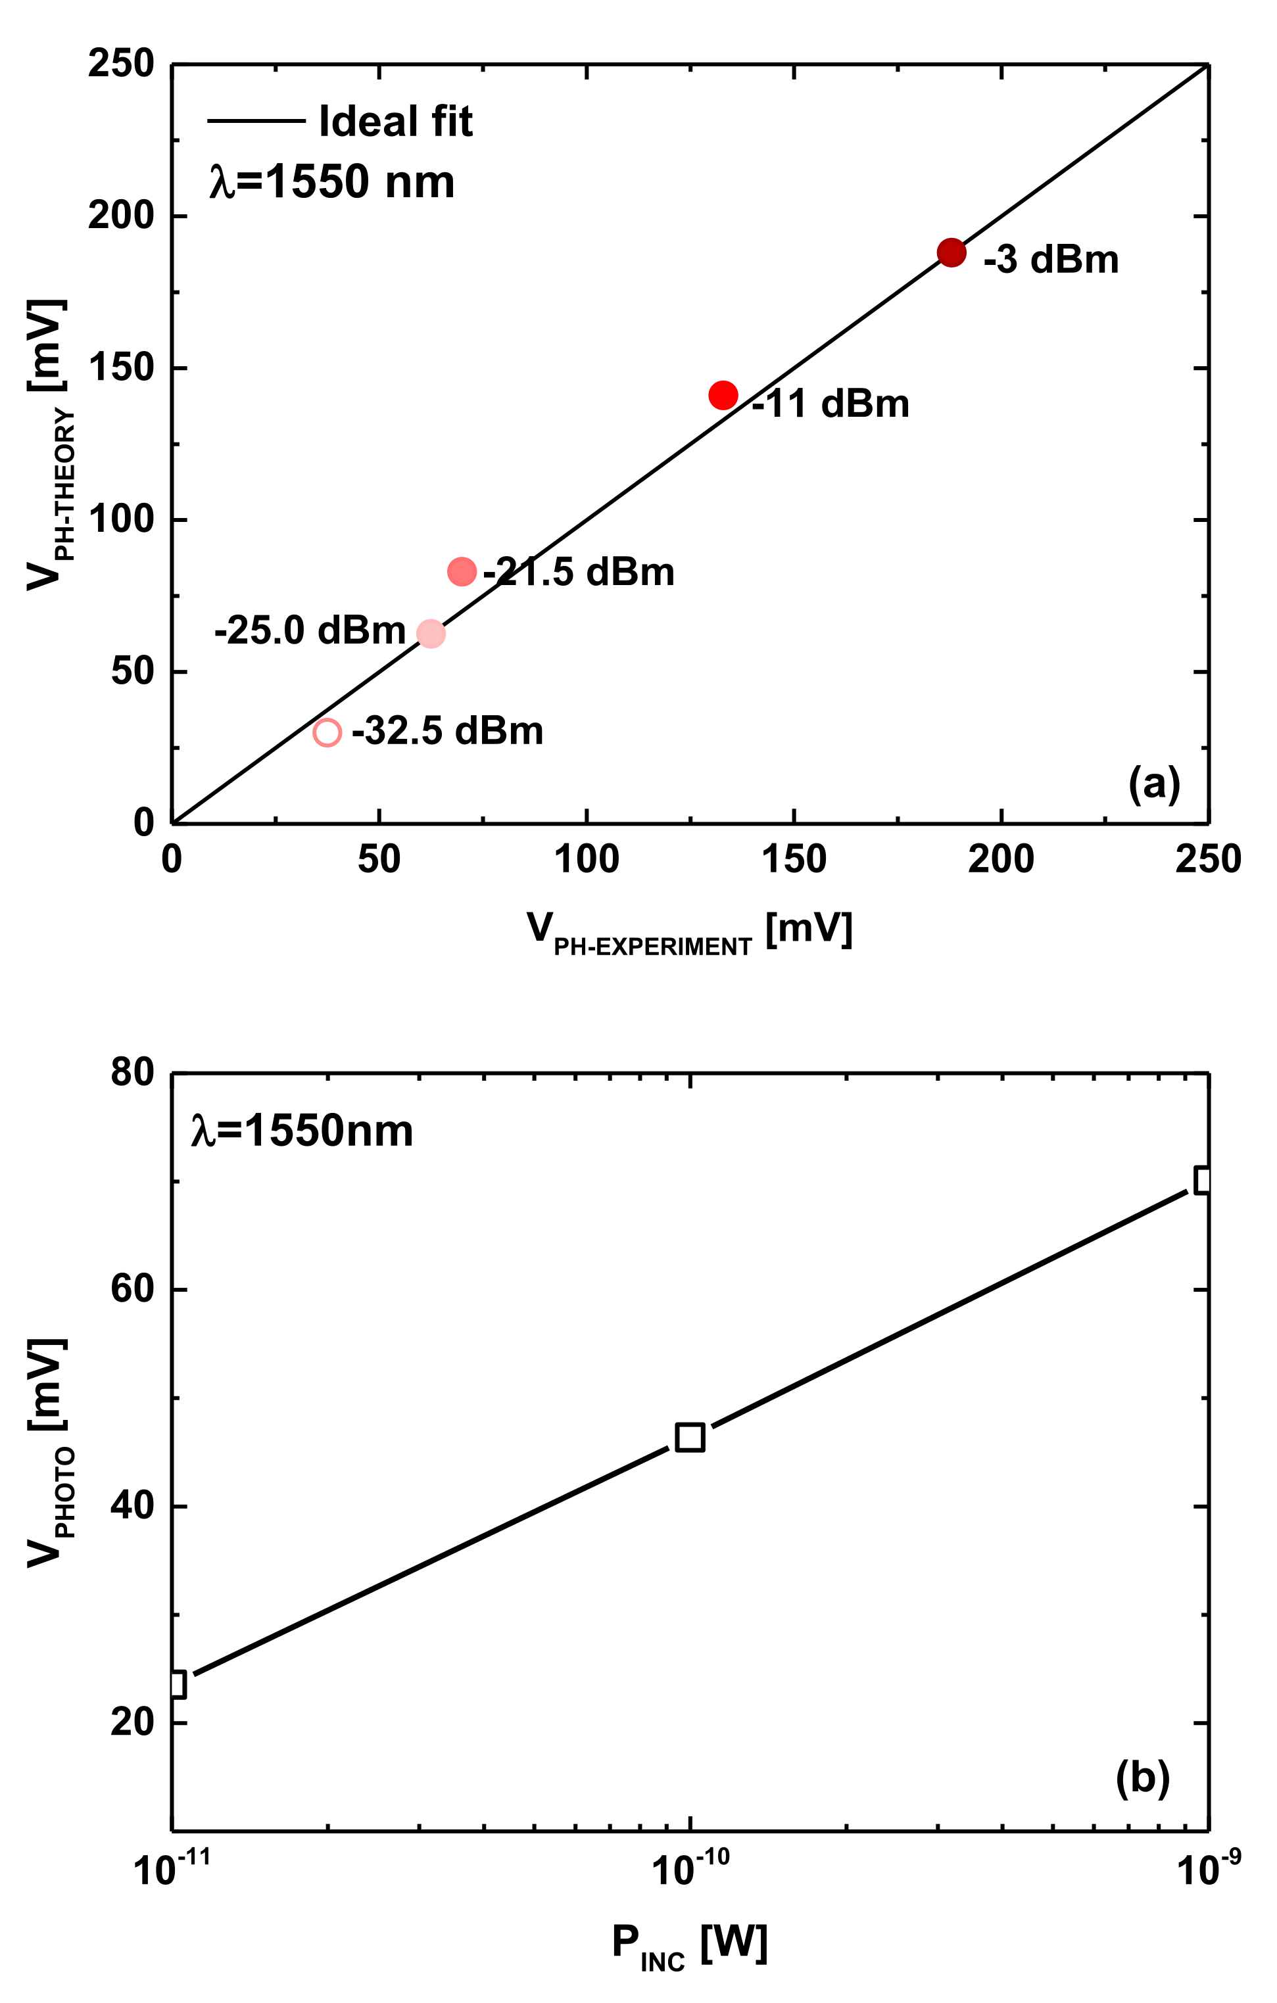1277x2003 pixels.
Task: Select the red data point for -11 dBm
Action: tap(723, 395)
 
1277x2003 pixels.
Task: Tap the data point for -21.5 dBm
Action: tap(462, 571)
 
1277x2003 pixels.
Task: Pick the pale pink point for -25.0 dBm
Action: tap(430, 634)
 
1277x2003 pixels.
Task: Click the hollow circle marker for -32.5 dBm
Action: tap(327, 733)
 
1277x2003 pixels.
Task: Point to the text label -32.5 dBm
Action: tap(448, 731)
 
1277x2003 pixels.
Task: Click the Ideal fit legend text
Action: tap(395, 122)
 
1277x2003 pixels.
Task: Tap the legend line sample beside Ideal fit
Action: tap(256, 122)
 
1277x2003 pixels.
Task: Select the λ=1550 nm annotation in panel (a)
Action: tap(331, 182)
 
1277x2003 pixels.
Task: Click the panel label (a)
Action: tap(1154, 783)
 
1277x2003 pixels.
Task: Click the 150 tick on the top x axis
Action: tap(794, 859)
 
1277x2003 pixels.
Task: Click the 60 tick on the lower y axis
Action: tap(133, 1289)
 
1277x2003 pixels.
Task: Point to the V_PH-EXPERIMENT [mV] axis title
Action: tap(690, 931)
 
